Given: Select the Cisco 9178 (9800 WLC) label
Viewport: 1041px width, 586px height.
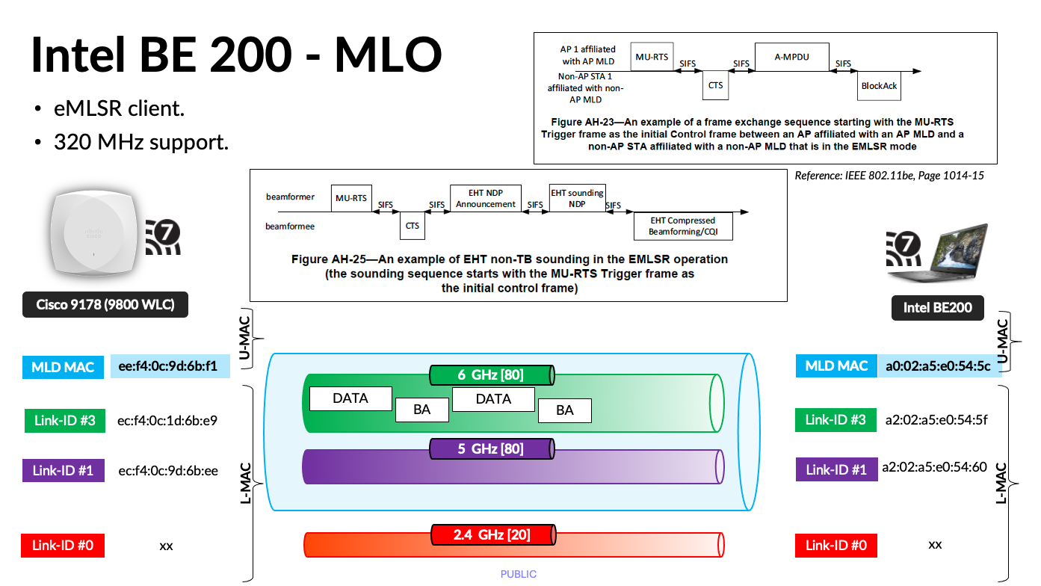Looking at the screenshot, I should coord(105,305).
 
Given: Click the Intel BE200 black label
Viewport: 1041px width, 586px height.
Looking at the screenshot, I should coord(937,307).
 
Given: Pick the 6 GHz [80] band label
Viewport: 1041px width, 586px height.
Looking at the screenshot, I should coord(491,374).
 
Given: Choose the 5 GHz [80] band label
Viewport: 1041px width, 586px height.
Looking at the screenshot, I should coord(491,449).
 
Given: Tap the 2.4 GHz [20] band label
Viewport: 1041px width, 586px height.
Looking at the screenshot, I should coord(492,534).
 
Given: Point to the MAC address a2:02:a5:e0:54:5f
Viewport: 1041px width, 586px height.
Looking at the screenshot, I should coord(936,419).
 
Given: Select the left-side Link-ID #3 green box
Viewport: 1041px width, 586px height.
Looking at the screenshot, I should coord(64,420).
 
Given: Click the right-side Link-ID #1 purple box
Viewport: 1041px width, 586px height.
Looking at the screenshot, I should coord(835,469).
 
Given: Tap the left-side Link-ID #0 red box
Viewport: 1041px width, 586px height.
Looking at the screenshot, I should coord(63,545).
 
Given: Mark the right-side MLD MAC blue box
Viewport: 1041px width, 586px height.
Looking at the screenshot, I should coord(836,366).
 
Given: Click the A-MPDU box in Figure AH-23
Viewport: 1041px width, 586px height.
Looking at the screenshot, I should coord(791,57).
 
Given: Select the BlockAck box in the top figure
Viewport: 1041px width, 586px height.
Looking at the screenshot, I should coord(879,86).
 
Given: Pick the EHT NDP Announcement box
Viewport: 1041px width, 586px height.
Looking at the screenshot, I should coord(486,199).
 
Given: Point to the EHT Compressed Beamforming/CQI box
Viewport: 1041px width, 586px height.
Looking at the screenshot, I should coord(682,226).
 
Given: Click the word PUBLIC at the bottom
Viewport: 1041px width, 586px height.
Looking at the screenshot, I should coord(519,574).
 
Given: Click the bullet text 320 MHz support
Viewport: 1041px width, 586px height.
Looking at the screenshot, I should coord(140,141).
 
